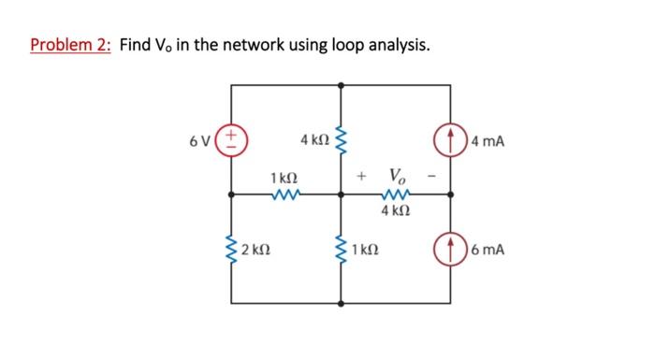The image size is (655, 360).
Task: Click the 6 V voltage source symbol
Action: click(231, 140)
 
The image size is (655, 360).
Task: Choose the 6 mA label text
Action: click(488, 251)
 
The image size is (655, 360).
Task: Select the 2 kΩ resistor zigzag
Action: click(231, 250)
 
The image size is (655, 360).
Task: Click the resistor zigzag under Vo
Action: click(396, 194)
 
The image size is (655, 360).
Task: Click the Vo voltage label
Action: click(397, 175)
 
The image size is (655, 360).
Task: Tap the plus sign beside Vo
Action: click(361, 176)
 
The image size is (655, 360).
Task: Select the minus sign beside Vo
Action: click(432, 176)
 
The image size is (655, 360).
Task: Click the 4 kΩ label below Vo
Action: click(396, 211)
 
